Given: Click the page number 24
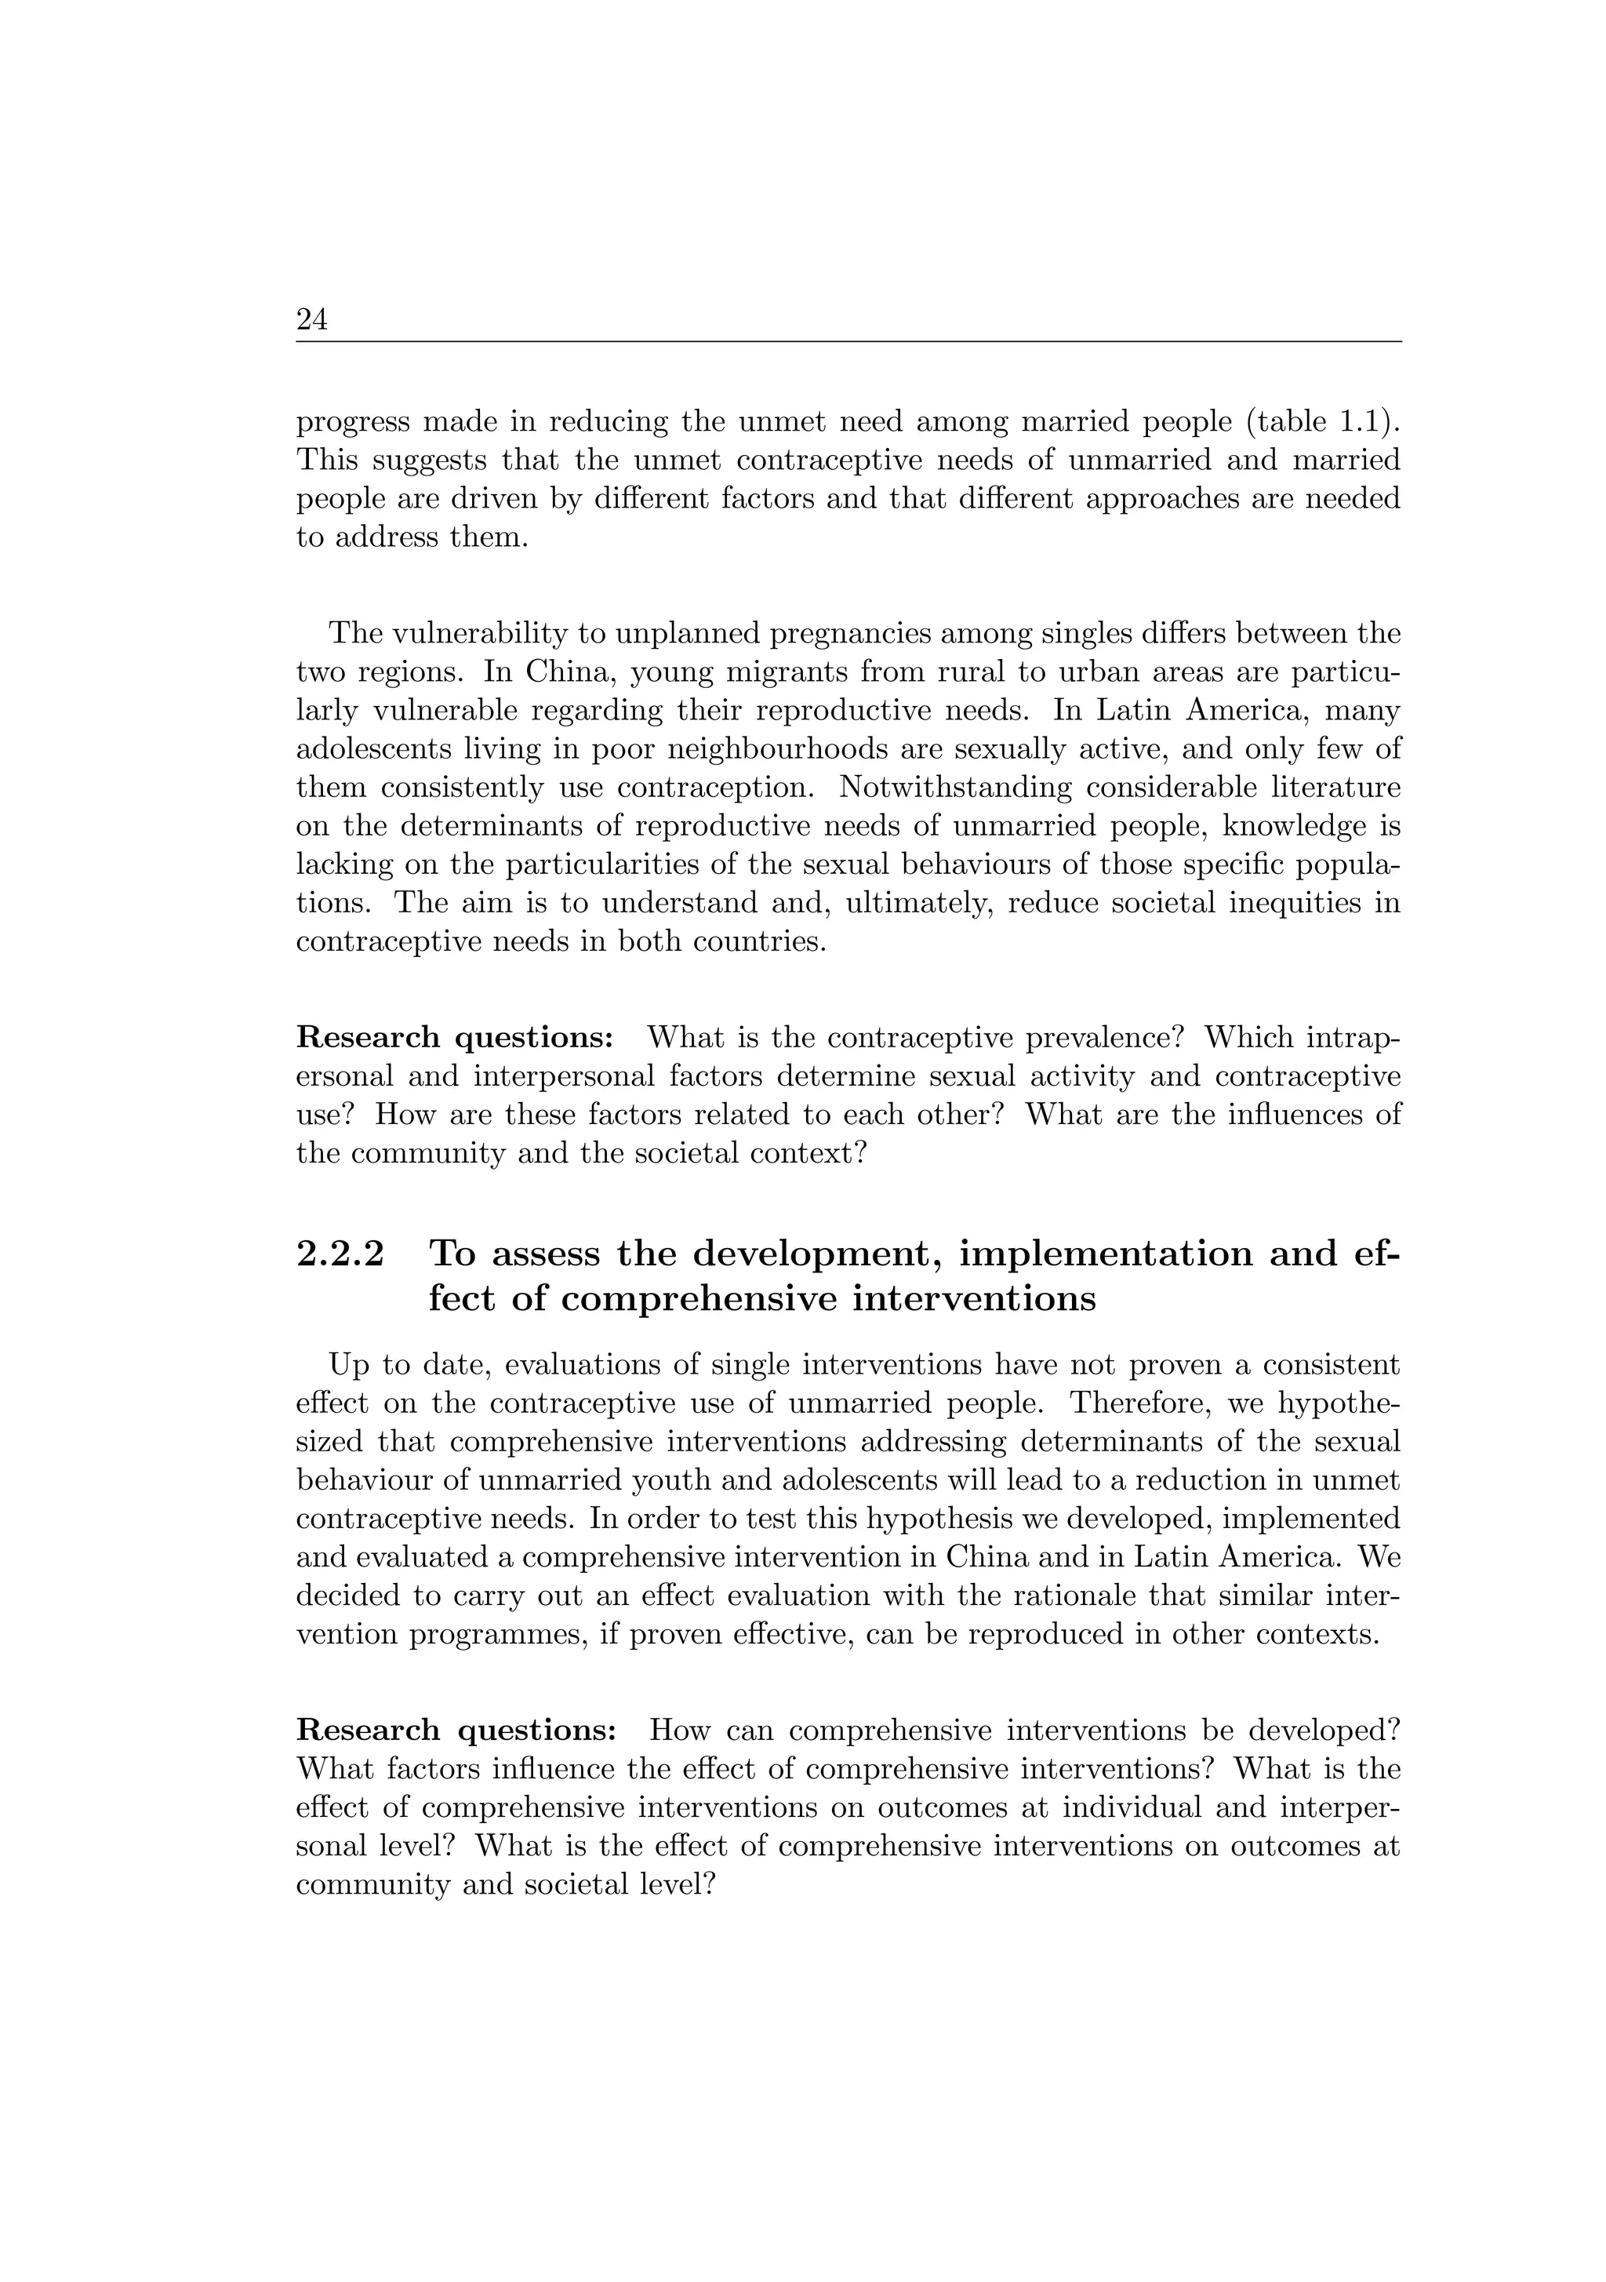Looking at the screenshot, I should tap(311, 320).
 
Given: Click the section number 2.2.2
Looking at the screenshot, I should tap(340, 1254).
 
